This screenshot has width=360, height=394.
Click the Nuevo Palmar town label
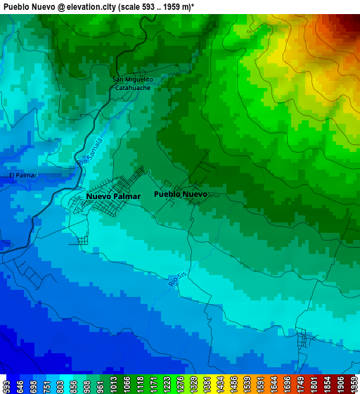click(113, 196)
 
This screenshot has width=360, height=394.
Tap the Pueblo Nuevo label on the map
click(180, 193)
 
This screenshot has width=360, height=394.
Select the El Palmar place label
click(22, 175)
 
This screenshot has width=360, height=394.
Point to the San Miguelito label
click(134, 80)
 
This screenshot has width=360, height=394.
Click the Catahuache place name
click(134, 88)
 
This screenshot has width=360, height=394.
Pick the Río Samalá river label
click(90, 152)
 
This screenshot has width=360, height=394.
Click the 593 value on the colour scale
click(6, 386)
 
